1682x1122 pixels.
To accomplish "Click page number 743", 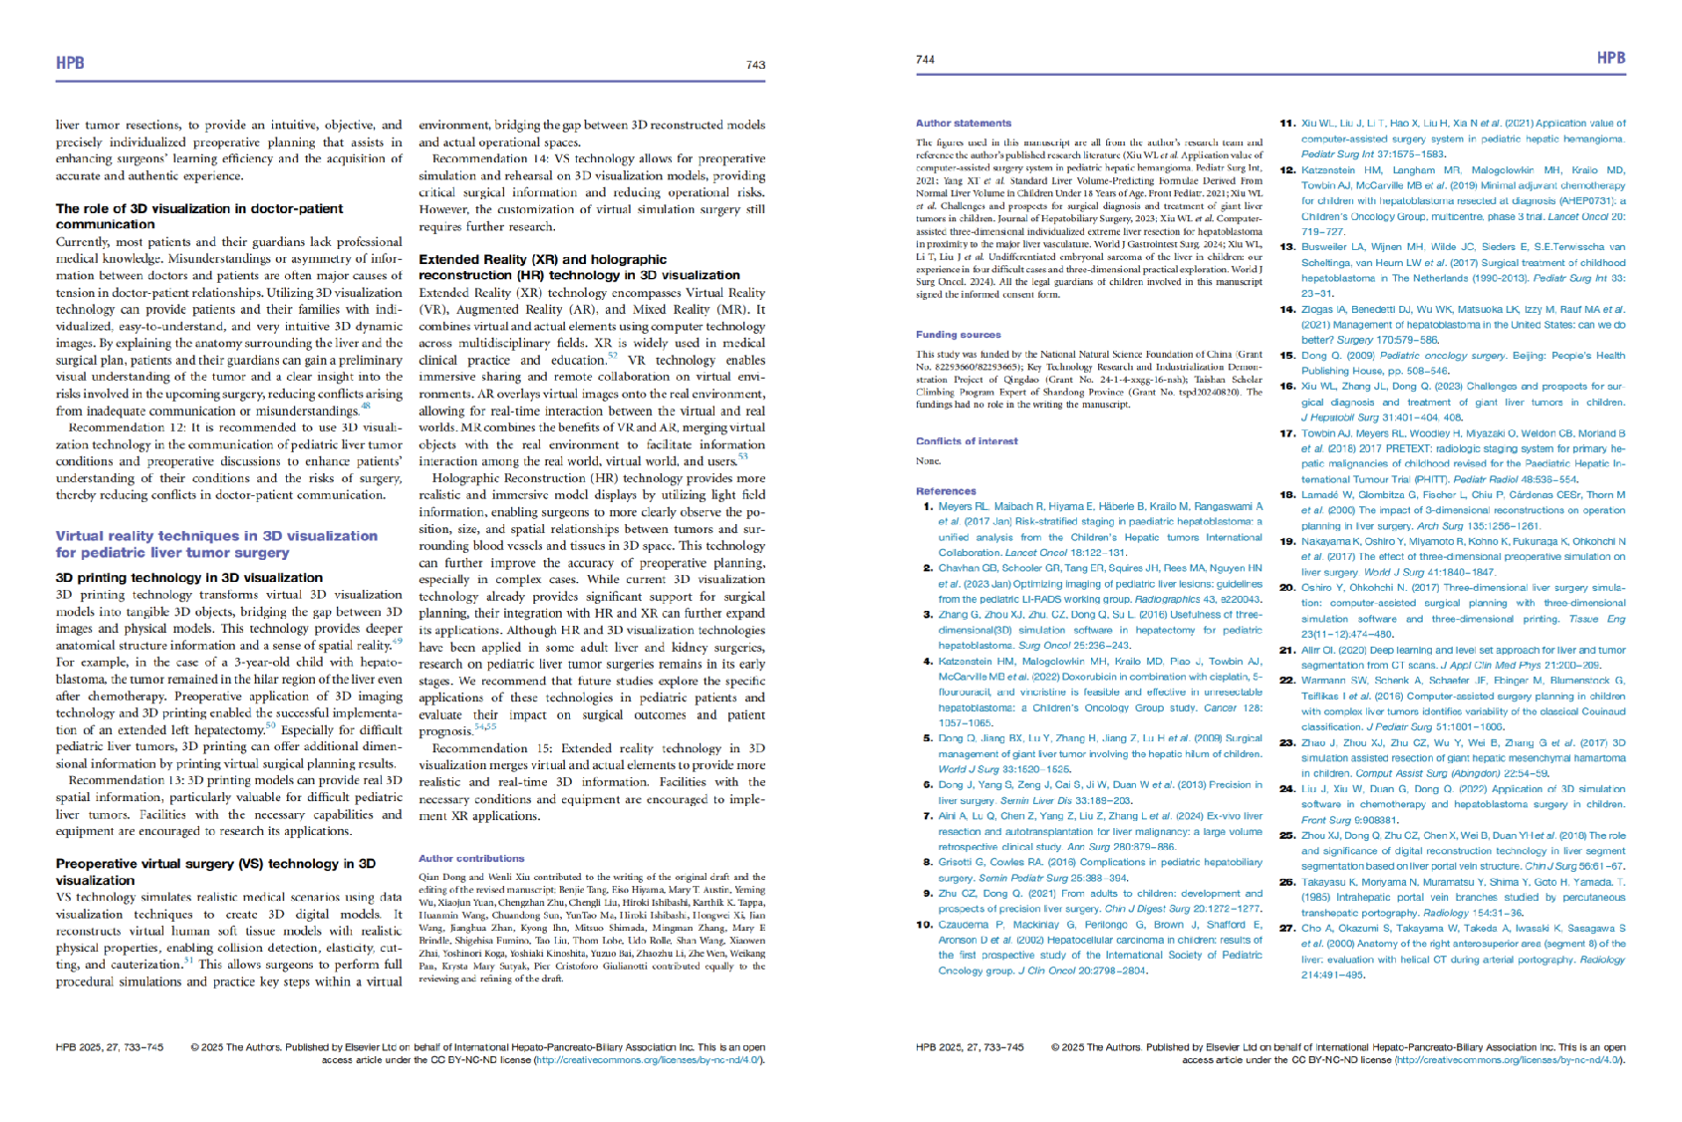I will [x=755, y=65].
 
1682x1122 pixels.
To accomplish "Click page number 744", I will [x=925, y=60].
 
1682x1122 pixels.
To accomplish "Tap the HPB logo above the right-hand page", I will [x=1610, y=58].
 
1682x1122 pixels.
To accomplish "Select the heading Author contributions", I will [x=471, y=858].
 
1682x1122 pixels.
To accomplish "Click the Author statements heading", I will [x=963, y=124].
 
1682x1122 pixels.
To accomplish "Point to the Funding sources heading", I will [x=958, y=335].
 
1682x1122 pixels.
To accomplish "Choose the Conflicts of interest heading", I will [x=967, y=440].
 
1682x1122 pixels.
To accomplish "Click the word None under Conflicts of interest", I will [x=928, y=460].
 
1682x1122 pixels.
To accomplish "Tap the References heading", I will [x=946, y=491].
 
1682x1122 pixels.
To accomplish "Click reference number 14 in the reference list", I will [x=1286, y=310].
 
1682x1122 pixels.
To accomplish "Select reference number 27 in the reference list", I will [x=1286, y=929].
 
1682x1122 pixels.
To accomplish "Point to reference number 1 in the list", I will [x=929, y=506].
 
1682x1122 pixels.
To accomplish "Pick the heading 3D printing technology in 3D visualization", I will [x=189, y=577].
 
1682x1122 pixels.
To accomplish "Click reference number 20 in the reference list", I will [x=1286, y=588].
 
